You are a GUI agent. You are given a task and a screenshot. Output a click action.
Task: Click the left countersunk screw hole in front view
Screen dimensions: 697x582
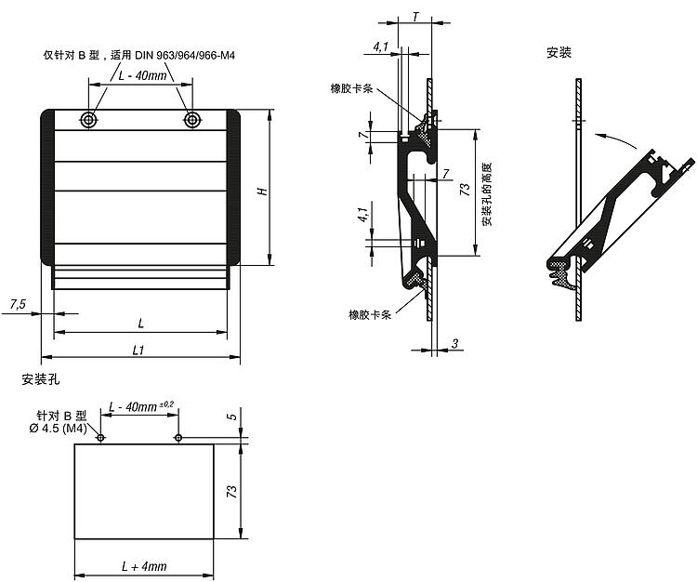pos(89,119)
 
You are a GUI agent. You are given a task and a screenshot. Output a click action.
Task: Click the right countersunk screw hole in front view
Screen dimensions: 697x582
pos(192,119)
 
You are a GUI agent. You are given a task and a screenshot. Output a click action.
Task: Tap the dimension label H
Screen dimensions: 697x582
pos(263,192)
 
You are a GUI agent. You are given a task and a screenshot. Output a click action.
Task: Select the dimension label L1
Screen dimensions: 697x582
pos(138,351)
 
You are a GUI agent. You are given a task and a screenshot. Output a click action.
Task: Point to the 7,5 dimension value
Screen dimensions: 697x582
pos(18,305)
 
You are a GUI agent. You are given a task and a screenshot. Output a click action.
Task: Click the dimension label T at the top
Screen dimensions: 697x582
pos(415,17)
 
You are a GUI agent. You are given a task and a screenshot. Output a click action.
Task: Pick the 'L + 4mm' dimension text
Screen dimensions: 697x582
pos(144,566)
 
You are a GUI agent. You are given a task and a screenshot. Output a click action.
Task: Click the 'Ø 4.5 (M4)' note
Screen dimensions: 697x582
pos(58,429)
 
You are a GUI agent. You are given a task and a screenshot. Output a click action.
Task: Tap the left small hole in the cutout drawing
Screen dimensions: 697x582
pos(100,438)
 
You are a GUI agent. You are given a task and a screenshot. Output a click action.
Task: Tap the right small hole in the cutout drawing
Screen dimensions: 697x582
pos(178,438)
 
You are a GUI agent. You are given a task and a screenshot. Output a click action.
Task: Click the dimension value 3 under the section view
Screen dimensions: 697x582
pos(454,343)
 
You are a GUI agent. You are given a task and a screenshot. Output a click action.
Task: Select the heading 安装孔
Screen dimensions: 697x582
pos(41,379)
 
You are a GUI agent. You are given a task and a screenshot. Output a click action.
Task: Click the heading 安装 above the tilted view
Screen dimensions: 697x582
pos(559,52)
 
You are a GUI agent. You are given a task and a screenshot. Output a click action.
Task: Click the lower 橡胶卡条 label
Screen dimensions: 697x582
pos(370,315)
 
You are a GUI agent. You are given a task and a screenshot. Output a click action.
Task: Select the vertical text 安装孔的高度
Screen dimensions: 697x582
pos(487,193)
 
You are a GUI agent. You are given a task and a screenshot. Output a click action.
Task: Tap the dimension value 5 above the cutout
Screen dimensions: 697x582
pos(232,417)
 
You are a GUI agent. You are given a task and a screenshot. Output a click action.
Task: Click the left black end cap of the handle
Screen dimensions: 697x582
pos(47,187)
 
